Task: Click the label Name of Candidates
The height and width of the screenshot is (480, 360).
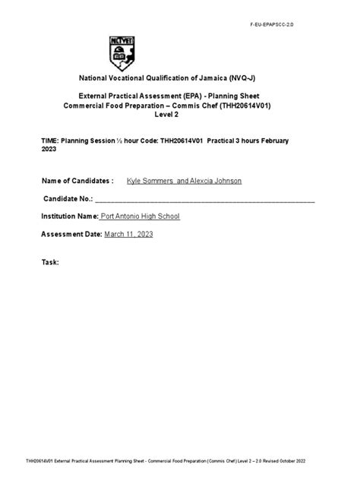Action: pos(76,181)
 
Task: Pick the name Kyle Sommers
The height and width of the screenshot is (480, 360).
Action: pos(150,181)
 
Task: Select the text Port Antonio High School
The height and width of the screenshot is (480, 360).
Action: pos(141,216)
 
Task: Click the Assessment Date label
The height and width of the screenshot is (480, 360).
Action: pos(71,235)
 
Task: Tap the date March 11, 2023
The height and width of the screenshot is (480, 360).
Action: pos(128,235)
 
